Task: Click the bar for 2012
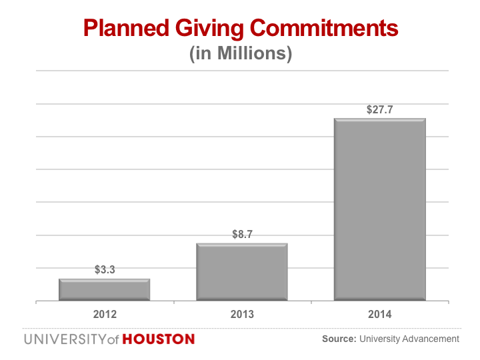(x=104, y=289)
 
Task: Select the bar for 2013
(x=241, y=271)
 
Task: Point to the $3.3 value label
(x=105, y=270)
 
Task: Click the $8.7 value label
(x=242, y=235)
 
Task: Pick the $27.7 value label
(x=379, y=109)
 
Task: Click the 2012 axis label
(x=105, y=314)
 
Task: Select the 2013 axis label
(x=242, y=314)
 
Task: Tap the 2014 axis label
(x=379, y=314)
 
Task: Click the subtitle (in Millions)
(x=241, y=54)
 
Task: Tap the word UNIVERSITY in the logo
(x=63, y=339)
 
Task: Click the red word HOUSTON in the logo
(x=158, y=339)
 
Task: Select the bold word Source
(x=339, y=339)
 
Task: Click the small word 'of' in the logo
(x=112, y=340)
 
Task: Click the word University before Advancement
(x=378, y=339)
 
